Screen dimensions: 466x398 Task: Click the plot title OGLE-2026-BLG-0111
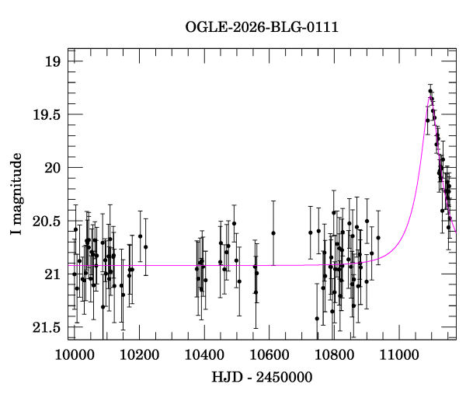[x=262, y=27]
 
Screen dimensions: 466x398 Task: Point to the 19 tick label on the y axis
[x=53, y=61]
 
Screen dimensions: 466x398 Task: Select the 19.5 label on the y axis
[x=47, y=115]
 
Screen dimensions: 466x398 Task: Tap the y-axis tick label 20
[x=52, y=168]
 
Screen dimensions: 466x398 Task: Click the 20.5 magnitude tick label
[x=47, y=222]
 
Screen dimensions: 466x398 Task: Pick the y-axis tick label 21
[x=53, y=274]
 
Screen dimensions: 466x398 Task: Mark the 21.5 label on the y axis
[x=47, y=327]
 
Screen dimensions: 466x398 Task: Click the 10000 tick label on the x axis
[x=75, y=355]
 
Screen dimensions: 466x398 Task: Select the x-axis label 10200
[x=139, y=355]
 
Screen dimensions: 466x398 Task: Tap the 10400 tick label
[x=204, y=355]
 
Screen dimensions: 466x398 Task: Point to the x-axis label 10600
[x=270, y=355]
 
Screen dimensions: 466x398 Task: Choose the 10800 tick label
[x=334, y=355]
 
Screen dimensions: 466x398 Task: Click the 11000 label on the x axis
[x=399, y=355]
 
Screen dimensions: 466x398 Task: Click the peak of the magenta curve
[x=430, y=97]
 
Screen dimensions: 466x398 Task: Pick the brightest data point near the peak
[x=430, y=91]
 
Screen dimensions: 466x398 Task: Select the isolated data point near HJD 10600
[x=273, y=233]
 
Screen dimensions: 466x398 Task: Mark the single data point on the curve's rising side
[x=428, y=120]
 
